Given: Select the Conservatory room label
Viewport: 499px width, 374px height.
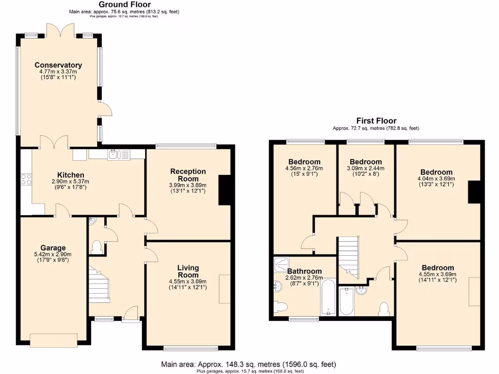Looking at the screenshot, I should (x=58, y=65).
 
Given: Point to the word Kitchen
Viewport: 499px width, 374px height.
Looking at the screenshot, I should (x=71, y=175).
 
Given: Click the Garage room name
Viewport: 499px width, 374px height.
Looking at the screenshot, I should (x=54, y=248).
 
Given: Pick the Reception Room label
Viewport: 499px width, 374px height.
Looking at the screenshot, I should (x=188, y=175).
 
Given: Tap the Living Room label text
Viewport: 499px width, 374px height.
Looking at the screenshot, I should (x=188, y=271).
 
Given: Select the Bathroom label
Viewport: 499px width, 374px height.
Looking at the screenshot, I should (x=304, y=271).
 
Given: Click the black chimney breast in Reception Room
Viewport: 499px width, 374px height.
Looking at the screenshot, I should (x=225, y=190).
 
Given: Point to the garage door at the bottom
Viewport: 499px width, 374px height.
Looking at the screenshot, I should (x=54, y=337).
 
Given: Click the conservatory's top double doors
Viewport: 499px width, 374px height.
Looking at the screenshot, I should (x=60, y=30).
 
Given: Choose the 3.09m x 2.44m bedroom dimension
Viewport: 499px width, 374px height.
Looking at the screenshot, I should (x=365, y=168).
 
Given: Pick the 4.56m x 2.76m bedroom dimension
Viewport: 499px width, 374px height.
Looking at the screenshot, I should (x=304, y=168).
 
